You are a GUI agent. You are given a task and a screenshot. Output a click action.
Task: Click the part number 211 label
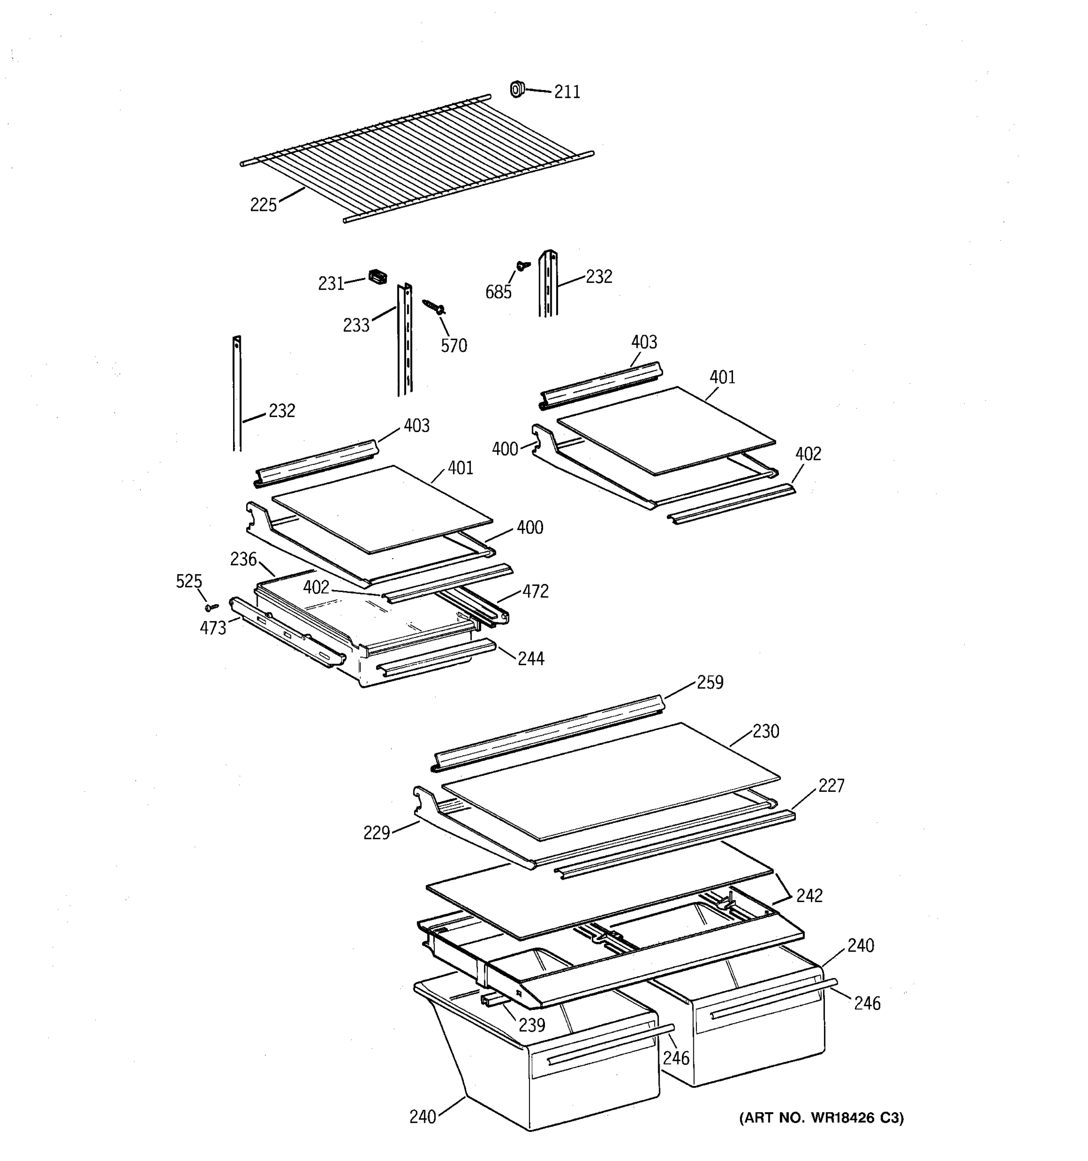(567, 92)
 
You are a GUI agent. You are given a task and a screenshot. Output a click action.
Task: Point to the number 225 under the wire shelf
(263, 205)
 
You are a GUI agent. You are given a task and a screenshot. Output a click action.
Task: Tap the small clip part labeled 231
(378, 276)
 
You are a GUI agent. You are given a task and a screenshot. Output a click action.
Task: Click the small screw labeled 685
(522, 266)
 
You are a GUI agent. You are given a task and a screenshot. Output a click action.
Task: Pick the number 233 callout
(356, 325)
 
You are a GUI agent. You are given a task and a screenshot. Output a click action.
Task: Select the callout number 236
(243, 560)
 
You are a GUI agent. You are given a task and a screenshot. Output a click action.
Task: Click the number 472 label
(535, 592)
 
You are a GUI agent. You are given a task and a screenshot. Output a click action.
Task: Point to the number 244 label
(530, 659)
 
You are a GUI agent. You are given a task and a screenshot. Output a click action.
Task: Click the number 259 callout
(710, 683)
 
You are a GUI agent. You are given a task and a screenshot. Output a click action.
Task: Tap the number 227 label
(831, 786)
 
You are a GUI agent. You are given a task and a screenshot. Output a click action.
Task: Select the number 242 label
(809, 896)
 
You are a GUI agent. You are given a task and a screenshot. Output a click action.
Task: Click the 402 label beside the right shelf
(808, 454)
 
